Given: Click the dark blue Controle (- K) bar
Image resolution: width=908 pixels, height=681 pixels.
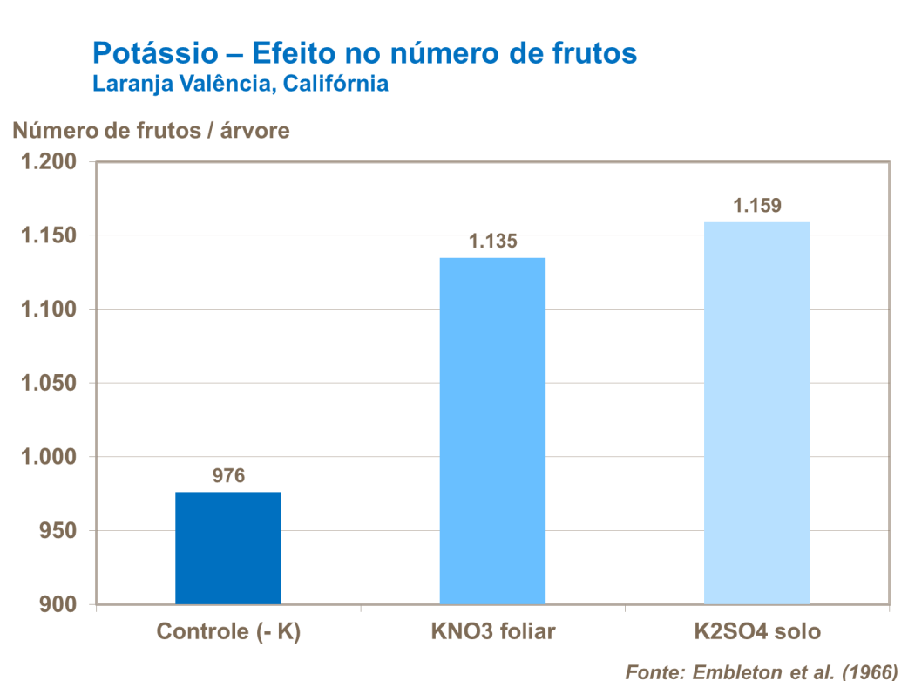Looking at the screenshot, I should pos(228,548).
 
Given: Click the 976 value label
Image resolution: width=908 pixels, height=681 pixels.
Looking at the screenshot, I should pos(228,476).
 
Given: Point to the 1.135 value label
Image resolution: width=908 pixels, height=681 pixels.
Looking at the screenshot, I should pos(492,242).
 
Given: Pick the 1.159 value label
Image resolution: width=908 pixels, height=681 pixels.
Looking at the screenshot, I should pos(757,207).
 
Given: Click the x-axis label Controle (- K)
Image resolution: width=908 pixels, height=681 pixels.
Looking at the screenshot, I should pos(228,632).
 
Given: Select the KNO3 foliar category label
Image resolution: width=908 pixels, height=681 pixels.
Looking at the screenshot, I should pos(492,632).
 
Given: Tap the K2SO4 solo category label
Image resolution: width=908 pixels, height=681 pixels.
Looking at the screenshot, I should pos(756,632).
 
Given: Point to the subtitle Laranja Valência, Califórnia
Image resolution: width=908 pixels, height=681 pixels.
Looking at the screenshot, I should pos(240,85).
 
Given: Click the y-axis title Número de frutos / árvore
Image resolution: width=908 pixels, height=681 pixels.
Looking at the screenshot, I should pos(151,131).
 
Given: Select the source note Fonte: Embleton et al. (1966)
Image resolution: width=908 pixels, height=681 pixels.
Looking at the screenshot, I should pos(761,671).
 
